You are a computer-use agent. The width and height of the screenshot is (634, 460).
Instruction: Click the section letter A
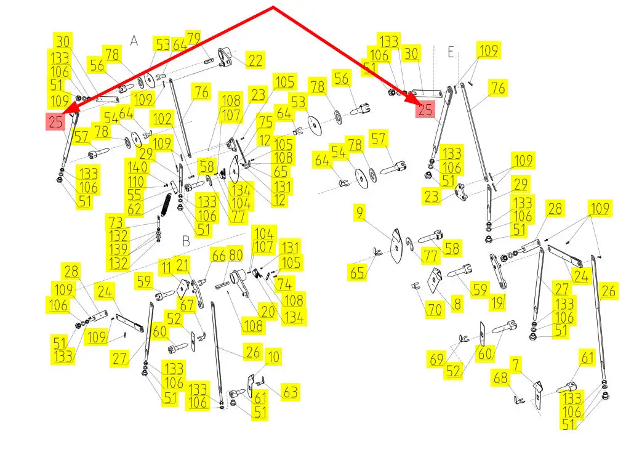tap(134, 41)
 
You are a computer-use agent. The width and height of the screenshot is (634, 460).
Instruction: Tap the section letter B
tap(186, 241)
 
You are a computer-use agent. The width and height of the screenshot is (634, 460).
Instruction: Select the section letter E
tap(451, 53)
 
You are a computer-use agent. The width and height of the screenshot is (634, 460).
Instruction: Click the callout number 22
tap(255, 60)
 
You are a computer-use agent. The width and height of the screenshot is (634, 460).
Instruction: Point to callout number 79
tap(193, 38)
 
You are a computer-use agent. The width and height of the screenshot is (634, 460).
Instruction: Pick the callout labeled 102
tap(163, 118)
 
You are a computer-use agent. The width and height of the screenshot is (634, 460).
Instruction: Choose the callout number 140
tap(136, 167)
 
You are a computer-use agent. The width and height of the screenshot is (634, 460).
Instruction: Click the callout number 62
tap(135, 209)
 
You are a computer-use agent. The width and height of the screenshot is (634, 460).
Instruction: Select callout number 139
tap(119, 249)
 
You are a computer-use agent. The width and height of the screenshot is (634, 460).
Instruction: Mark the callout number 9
tap(360, 214)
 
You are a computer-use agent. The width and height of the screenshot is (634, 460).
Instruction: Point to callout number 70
tap(435, 309)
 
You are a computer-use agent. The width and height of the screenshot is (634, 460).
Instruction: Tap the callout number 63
tap(290, 392)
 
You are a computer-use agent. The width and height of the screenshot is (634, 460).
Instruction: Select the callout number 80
tap(236, 254)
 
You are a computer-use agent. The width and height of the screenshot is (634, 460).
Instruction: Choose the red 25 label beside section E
tap(425, 110)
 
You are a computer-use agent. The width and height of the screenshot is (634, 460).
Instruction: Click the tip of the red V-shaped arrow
tap(273, 8)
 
